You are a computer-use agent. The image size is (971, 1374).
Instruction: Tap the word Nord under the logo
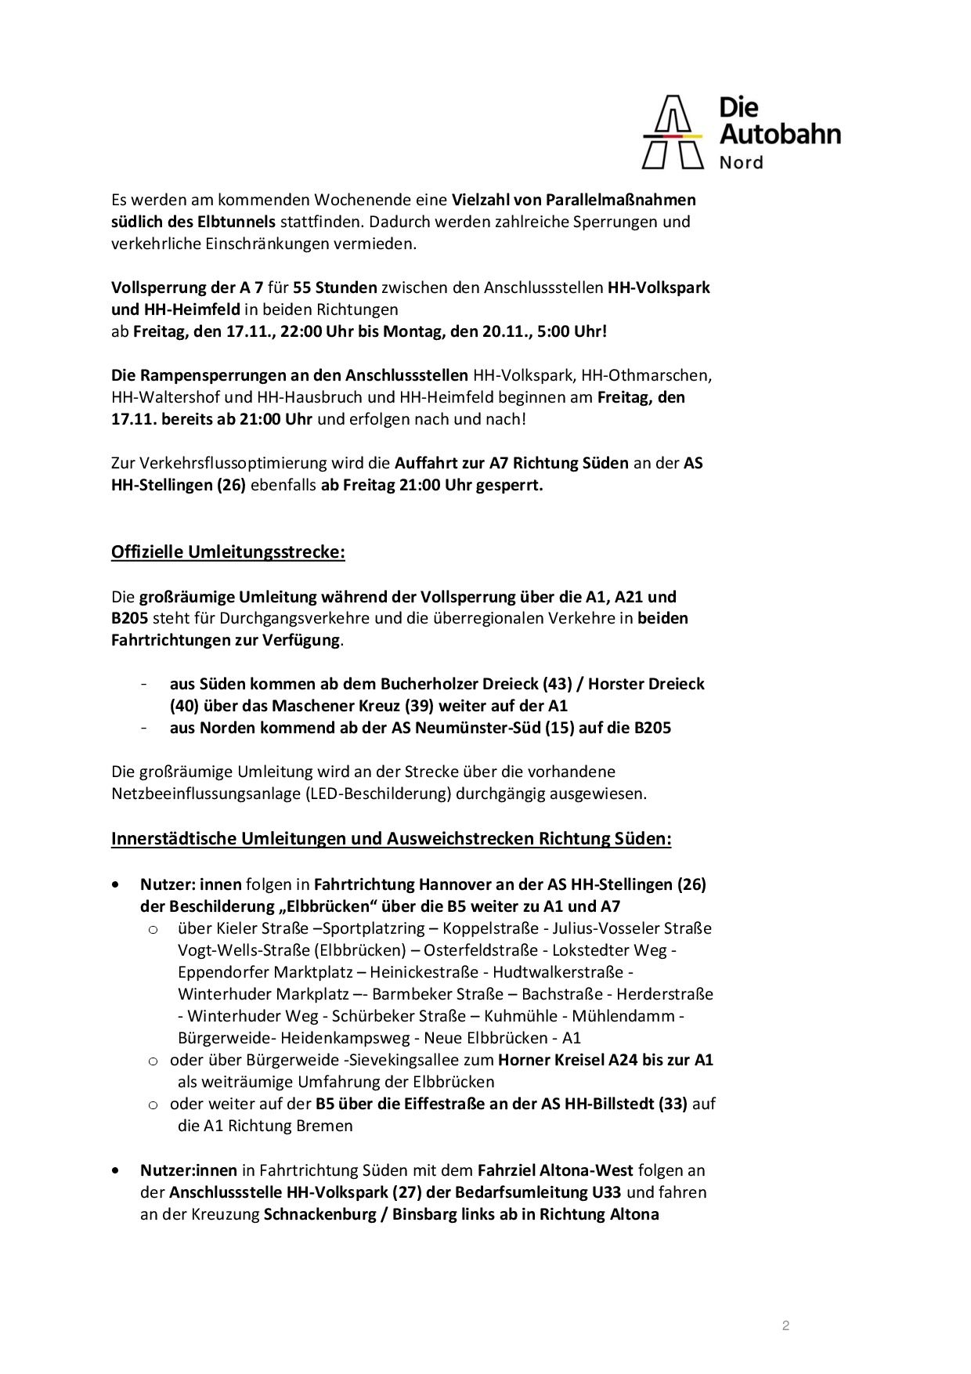click(x=741, y=163)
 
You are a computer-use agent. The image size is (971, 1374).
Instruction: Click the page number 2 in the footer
click(x=785, y=1325)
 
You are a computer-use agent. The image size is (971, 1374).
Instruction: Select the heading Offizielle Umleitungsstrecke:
click(x=228, y=551)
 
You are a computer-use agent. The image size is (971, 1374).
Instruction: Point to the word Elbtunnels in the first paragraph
click(x=238, y=221)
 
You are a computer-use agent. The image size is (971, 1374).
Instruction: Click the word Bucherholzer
click(x=431, y=683)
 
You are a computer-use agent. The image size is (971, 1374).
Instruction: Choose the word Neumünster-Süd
click(x=449, y=727)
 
